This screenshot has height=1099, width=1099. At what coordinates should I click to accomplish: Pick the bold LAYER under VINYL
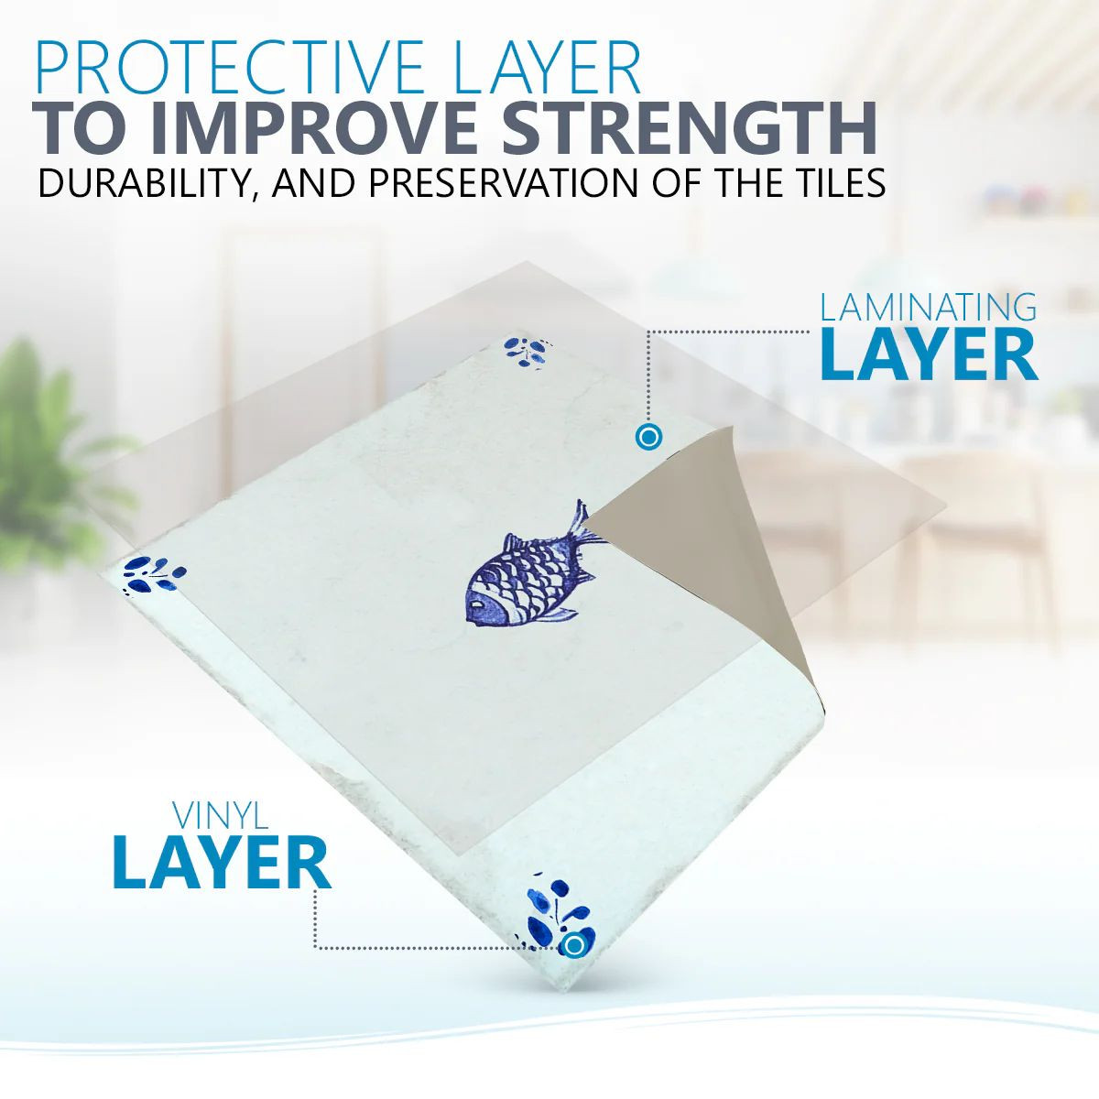click(x=222, y=864)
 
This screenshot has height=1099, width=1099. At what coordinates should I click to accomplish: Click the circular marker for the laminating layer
click(x=648, y=438)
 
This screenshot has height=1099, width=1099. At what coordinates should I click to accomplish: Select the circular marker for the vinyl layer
click(x=574, y=945)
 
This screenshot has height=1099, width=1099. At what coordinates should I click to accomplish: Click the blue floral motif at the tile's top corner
click(x=527, y=353)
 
